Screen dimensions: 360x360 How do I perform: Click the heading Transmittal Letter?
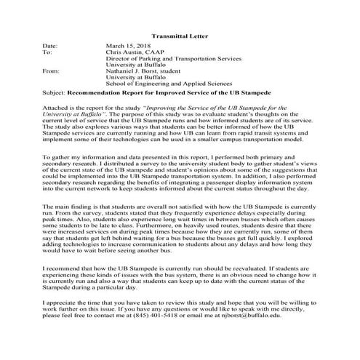point(180,34)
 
